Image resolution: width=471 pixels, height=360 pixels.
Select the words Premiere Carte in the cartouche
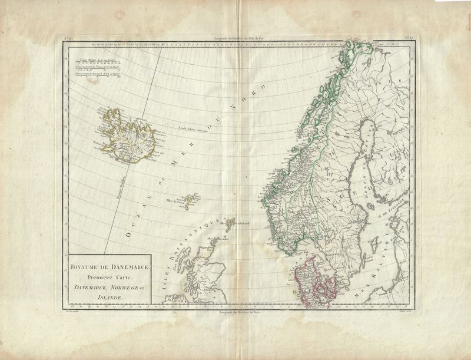click(110, 276)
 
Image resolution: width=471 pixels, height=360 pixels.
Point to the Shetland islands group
click(228, 222)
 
